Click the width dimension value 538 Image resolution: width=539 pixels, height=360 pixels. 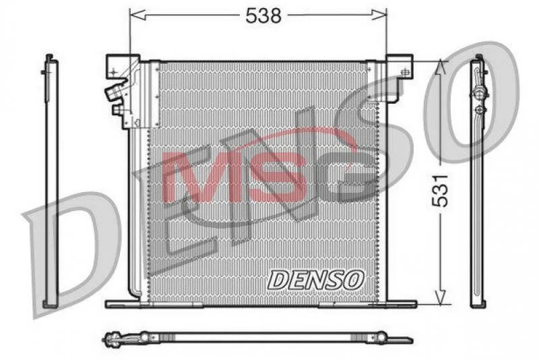[263, 16]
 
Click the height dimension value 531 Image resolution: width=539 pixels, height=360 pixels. [441, 191]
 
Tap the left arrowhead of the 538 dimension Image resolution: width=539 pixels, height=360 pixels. [138, 15]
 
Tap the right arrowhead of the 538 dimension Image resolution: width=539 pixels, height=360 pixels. [379, 15]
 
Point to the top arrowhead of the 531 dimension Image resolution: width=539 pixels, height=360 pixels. [441, 67]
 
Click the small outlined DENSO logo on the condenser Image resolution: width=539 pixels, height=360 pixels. [316, 280]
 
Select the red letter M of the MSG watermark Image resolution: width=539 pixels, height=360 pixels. [201, 177]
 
